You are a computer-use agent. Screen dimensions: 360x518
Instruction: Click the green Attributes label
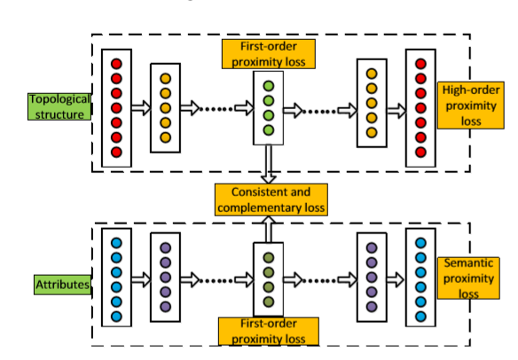click(x=63, y=285)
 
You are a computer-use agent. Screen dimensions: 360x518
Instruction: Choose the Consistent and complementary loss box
click(x=270, y=200)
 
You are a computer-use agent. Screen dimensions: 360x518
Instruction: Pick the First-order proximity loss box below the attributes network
click(x=267, y=332)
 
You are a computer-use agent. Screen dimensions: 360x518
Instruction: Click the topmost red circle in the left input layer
click(x=115, y=64)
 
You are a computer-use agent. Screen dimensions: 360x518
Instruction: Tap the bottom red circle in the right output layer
click(x=420, y=153)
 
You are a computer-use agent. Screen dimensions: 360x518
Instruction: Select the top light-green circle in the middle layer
click(x=268, y=86)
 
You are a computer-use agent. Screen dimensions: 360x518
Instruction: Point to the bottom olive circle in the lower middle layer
click(x=268, y=302)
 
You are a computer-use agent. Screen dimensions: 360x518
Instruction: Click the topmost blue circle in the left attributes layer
click(x=115, y=241)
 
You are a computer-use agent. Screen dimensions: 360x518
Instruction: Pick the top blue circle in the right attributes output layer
click(x=420, y=242)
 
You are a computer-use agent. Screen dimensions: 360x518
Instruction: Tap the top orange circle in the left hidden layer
click(x=164, y=78)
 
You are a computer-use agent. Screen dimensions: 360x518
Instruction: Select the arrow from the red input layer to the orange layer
click(x=140, y=107)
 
